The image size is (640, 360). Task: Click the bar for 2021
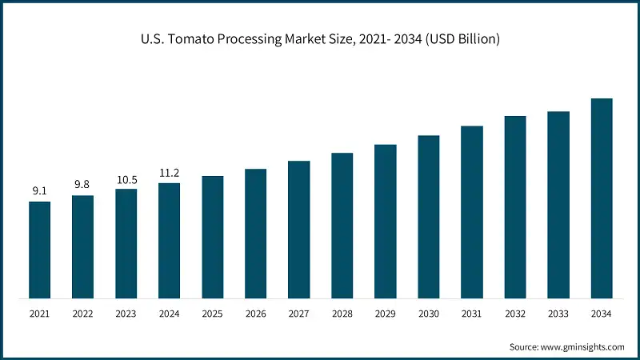click(39, 250)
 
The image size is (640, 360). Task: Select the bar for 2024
click(169, 241)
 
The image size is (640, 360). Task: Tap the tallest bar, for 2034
click(601, 198)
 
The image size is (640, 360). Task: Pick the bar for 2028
click(342, 226)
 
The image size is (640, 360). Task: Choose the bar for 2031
click(471, 212)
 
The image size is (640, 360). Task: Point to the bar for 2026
click(255, 234)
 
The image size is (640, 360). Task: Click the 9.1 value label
click(39, 191)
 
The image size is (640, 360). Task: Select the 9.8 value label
click(82, 185)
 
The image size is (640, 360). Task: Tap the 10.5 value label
click(126, 179)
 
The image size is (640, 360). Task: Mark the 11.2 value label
click(169, 173)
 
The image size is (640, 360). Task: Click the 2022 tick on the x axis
click(82, 314)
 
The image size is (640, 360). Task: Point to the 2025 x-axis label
click(212, 314)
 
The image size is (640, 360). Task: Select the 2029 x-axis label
click(385, 314)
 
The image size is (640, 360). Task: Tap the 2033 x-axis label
click(558, 314)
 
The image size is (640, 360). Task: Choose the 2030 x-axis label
click(428, 314)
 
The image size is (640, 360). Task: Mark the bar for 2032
click(514, 207)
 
